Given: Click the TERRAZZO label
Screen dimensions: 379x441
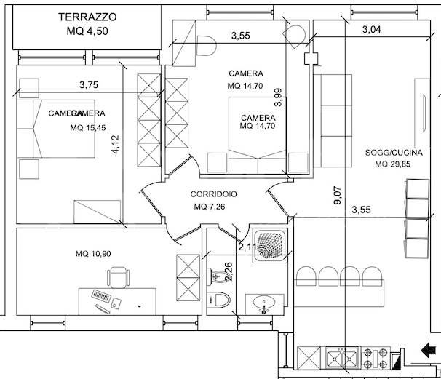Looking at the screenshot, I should (x=87, y=16).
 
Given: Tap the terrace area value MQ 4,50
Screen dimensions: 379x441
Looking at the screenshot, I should (x=87, y=31).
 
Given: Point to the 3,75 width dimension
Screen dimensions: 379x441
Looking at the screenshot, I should (x=89, y=85).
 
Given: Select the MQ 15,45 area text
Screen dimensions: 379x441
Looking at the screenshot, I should (x=87, y=128).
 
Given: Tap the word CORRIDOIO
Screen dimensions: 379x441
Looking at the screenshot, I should (x=213, y=194).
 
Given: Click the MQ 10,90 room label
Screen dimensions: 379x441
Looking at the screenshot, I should (x=93, y=253).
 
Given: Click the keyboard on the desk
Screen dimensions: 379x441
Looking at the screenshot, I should (x=103, y=298).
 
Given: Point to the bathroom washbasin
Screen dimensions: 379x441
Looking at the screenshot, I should (x=263, y=303).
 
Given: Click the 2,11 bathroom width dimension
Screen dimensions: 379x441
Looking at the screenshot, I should (x=246, y=248).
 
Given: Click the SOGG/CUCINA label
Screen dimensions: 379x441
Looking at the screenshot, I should (x=391, y=153).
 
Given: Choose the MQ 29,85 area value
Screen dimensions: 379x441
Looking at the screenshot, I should (x=391, y=164).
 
